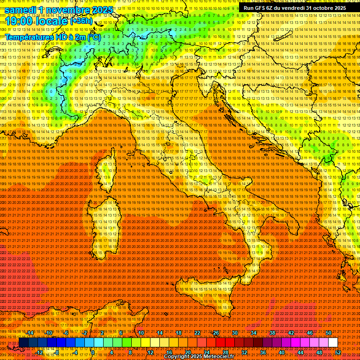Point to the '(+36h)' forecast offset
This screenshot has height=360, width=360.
tap(81, 21)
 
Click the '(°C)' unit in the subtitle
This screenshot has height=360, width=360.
tap(94, 37)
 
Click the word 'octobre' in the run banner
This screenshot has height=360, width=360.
tap(318, 8)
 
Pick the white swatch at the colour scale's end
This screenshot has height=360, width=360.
tap(332, 343)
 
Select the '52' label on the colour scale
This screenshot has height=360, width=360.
tap(338, 352)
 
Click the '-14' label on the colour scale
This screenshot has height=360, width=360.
tap(30, 333)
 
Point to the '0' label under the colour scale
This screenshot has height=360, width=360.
tap(93, 352)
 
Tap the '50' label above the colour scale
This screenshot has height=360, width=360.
tap(328, 333)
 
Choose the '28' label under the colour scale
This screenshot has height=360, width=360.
tap(225, 352)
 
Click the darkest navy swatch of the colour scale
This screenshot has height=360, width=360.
tap(23, 343)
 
